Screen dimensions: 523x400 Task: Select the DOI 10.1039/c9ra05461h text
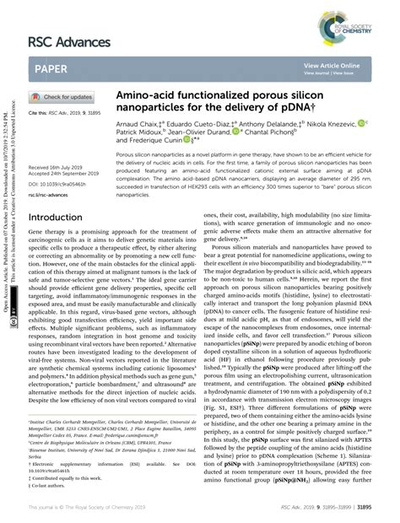pos(57,185)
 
